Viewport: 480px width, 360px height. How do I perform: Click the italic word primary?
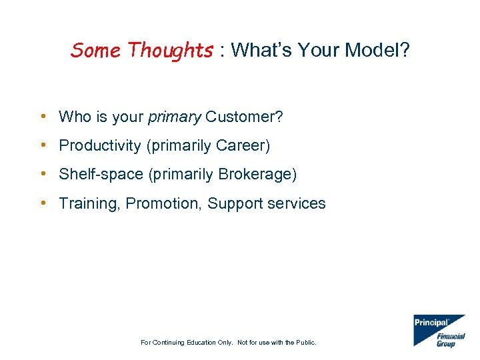[x=174, y=117]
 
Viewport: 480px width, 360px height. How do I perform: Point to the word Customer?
[x=244, y=117]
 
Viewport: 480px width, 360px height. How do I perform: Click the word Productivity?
[x=101, y=146]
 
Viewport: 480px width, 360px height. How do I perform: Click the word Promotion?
[x=163, y=203]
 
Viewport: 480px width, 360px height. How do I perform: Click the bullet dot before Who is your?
[x=43, y=117]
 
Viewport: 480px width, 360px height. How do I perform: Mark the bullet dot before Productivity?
[x=43, y=146]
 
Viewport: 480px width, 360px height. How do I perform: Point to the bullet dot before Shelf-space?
[x=43, y=175]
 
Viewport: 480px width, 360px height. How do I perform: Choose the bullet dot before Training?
[x=43, y=203]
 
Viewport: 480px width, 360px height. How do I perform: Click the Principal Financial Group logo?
[x=439, y=331]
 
